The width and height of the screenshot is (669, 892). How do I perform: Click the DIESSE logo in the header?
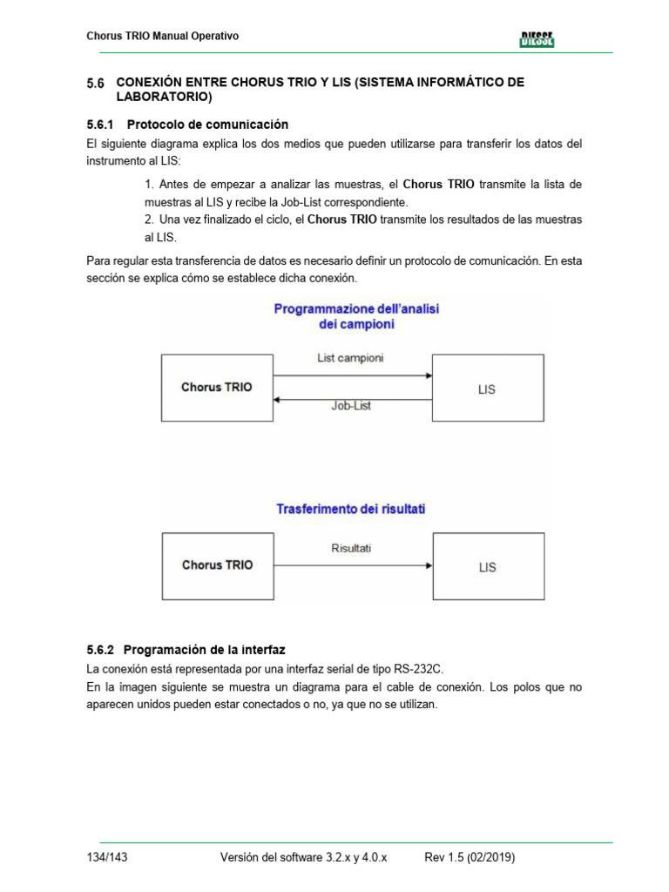pos(537,38)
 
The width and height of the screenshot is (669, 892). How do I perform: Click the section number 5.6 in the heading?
pos(95,84)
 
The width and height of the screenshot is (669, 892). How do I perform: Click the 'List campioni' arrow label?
pos(351,358)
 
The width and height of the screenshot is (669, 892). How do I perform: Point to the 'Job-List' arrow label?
pos(351,405)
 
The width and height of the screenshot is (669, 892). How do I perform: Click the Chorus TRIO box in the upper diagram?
pos(216,388)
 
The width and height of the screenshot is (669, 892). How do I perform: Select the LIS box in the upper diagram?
pos(488,389)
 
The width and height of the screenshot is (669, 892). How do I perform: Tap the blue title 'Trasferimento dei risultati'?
pos(351,508)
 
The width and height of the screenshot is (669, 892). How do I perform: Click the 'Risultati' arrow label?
pos(351,548)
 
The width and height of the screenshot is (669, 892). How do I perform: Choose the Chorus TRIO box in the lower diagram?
pos(217,565)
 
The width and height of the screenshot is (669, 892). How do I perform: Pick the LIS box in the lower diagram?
pos(488,567)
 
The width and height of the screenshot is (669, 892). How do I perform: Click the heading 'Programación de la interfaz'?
pos(205,650)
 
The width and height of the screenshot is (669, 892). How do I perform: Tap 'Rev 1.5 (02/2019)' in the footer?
pos(470,858)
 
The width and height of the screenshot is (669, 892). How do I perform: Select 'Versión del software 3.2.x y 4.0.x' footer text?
pos(304,858)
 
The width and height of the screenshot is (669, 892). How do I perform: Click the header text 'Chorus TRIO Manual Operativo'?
pos(163,36)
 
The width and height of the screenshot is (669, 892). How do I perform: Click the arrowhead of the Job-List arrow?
pos(276,398)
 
